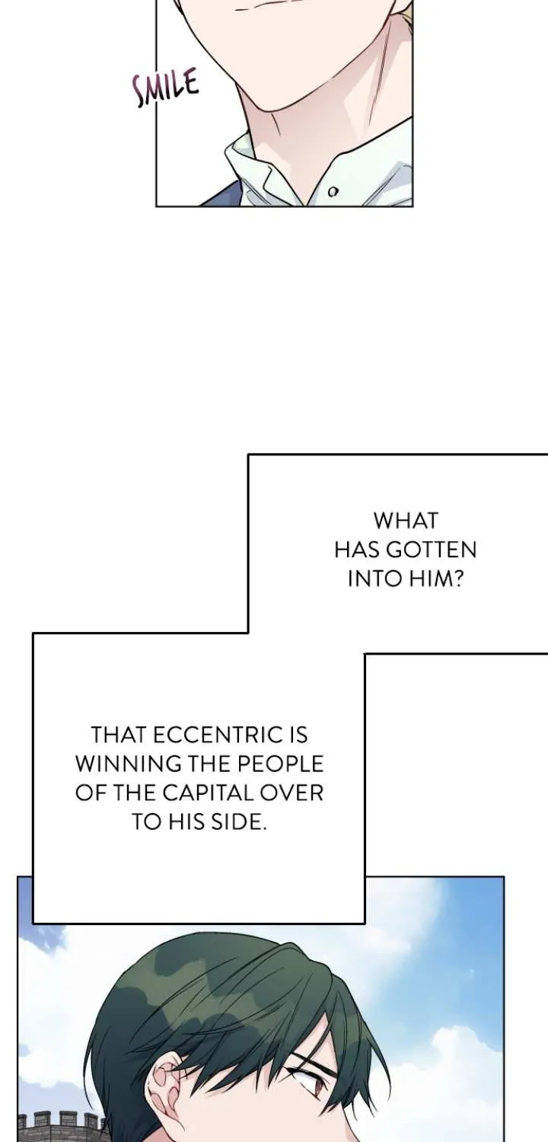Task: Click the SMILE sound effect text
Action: pos(164,88)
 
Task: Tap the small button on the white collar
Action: pos(333,192)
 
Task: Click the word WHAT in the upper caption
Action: pos(405,521)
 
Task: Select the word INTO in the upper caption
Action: pos(374,579)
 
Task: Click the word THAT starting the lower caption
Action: pos(119,735)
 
